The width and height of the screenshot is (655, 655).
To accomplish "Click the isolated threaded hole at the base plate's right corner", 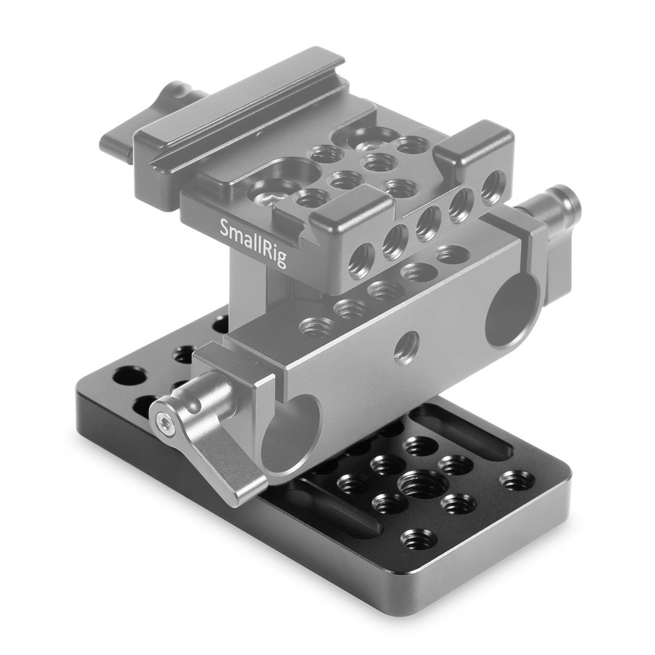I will [516, 480].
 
